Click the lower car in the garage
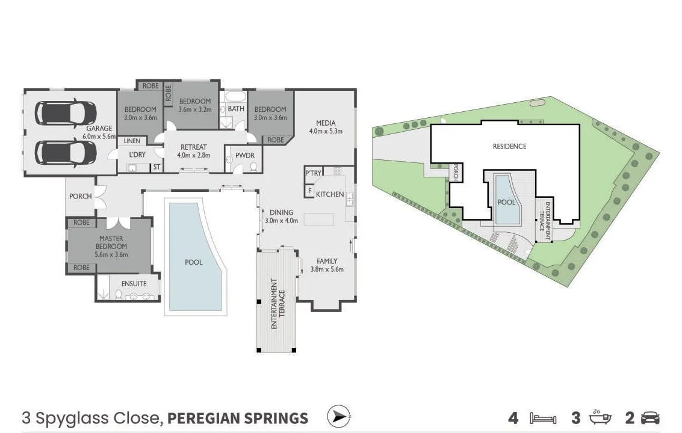tap(65, 152)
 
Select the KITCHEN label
tap(330, 194)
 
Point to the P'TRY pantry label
tap(313, 173)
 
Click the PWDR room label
tap(244, 155)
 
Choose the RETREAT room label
tap(193, 147)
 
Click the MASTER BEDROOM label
tap(111, 242)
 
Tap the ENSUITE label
tap(134, 283)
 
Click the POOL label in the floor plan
tap(193, 262)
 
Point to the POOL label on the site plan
tap(506, 202)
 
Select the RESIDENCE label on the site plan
tap(509, 146)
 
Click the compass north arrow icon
tap(339, 416)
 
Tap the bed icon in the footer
tap(542, 418)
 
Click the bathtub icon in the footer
tap(599, 417)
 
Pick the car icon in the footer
tap(650, 418)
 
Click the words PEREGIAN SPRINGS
tap(237, 418)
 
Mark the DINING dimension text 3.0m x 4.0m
tap(281, 220)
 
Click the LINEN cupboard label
tap(132, 141)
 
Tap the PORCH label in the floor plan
tap(81, 196)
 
